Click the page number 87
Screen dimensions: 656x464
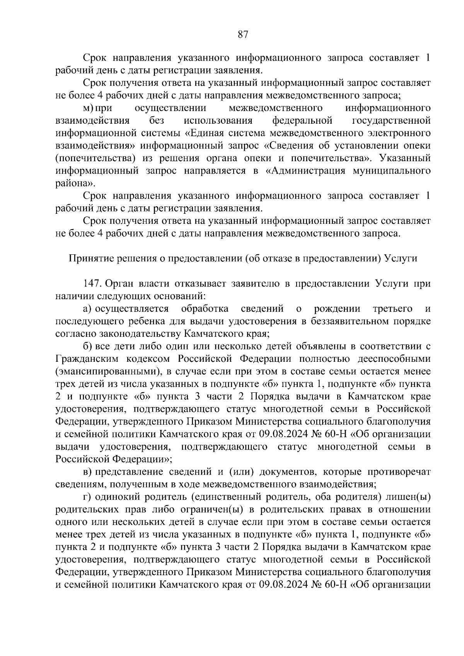(242, 35)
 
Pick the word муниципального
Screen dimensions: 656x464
(391, 170)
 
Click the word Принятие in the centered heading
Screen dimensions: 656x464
(88, 258)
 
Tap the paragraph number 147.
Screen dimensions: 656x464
(92, 283)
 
